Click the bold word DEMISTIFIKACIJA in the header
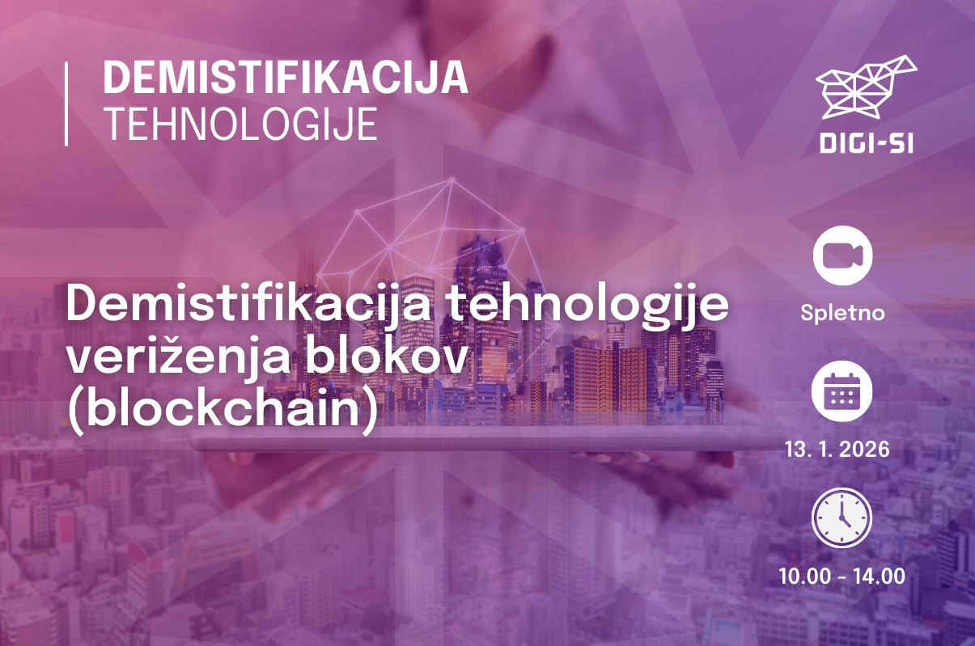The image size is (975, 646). pyautogui.click(x=286, y=77)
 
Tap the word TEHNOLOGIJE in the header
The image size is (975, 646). pyautogui.click(x=240, y=125)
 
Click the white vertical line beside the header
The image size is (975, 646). pyautogui.click(x=66, y=104)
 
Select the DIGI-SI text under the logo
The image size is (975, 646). pyautogui.click(x=867, y=143)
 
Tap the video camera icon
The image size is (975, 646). pyautogui.click(x=842, y=255)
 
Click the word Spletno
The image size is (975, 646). pyautogui.click(x=842, y=313)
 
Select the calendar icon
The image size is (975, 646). pyautogui.click(x=842, y=391)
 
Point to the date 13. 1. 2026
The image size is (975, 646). pyautogui.click(x=837, y=450)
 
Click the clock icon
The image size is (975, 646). pyautogui.click(x=841, y=517)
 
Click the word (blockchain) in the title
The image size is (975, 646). pyautogui.click(x=222, y=410)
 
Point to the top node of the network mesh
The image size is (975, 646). pyautogui.click(x=452, y=179)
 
